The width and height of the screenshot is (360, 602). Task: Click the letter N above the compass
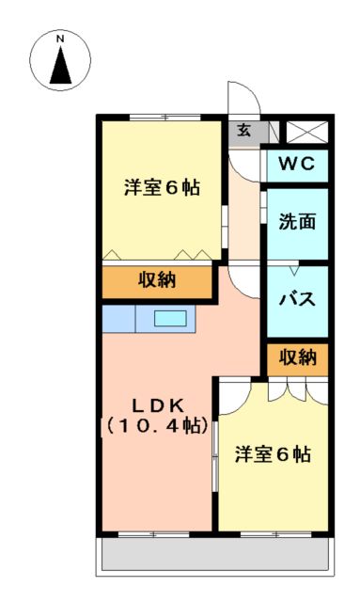(60, 39)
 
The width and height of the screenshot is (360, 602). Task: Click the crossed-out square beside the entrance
(306, 132)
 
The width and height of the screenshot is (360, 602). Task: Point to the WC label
(296, 166)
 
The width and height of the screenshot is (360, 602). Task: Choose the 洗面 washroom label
(296, 222)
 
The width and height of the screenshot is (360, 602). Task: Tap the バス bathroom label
(296, 300)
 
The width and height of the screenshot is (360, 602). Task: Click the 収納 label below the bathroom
(296, 357)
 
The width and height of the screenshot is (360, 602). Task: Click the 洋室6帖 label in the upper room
(162, 186)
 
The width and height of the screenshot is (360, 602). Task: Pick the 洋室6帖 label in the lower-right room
(273, 454)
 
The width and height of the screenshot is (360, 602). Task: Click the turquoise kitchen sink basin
(170, 319)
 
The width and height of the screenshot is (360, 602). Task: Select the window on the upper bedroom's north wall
(162, 117)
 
